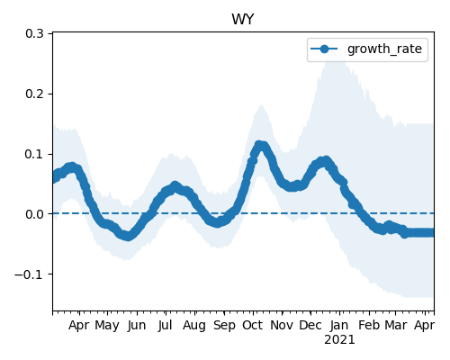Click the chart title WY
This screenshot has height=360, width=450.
(x=243, y=20)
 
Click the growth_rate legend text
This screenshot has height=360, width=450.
(x=384, y=49)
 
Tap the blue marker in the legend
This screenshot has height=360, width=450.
(x=324, y=49)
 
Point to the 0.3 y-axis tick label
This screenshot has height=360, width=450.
(x=34, y=33)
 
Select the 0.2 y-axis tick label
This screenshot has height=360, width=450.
(x=34, y=94)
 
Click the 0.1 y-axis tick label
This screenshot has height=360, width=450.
(x=34, y=154)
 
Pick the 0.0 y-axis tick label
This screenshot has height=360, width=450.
(x=34, y=214)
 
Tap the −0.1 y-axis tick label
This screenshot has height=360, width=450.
(x=30, y=274)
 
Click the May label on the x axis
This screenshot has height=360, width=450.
(x=107, y=326)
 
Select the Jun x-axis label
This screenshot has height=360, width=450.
(x=137, y=326)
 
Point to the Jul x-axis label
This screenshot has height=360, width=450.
(x=166, y=326)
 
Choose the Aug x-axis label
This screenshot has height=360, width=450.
(x=194, y=326)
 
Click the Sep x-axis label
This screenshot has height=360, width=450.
(x=224, y=326)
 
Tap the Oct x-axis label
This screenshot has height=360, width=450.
(x=253, y=326)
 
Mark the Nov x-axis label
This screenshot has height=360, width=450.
(x=282, y=326)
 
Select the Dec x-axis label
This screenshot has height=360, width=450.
(x=310, y=326)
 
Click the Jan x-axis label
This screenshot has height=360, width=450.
(x=339, y=326)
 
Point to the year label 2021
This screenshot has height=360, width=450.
(x=339, y=340)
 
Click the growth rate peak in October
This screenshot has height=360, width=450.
(x=259, y=145)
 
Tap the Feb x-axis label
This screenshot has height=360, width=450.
(x=369, y=326)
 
